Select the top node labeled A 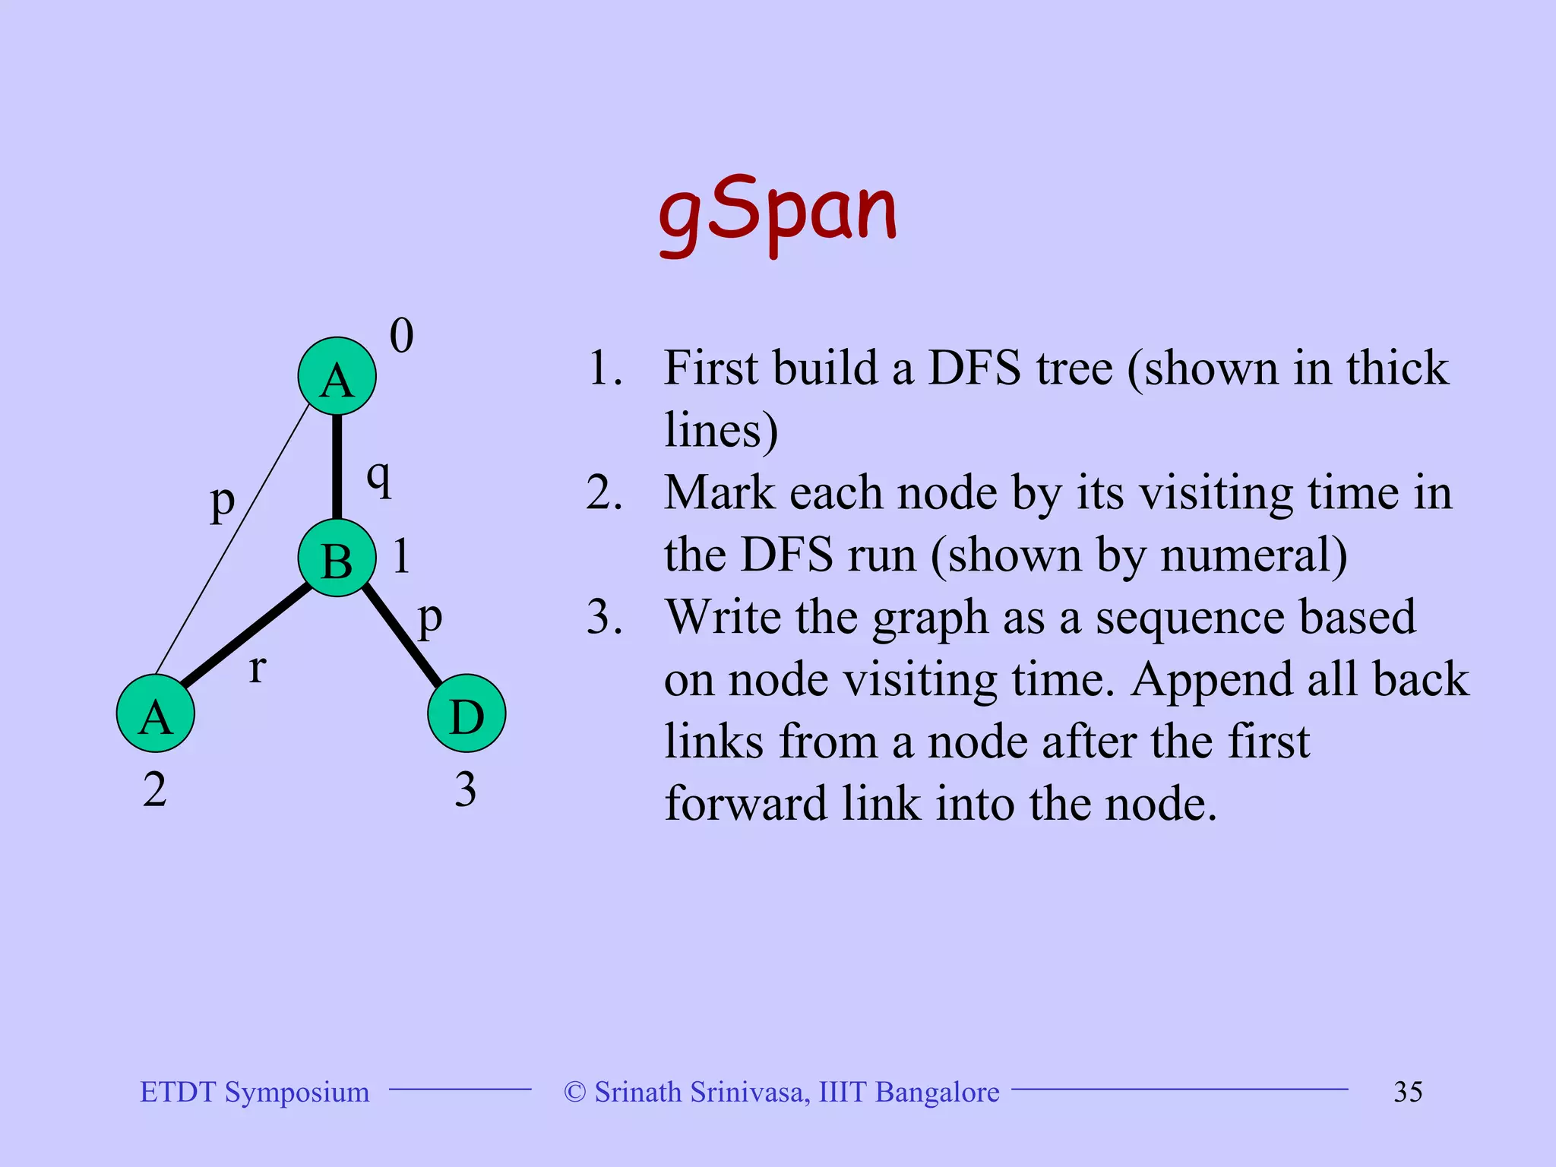coord(337,376)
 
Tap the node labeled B coord(337,558)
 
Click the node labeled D coord(466,713)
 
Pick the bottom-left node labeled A coord(156,713)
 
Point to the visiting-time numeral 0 coord(401,336)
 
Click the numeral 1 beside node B coord(401,556)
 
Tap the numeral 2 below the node coord(155,790)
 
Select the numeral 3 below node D coord(465,790)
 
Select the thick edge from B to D coord(401,634)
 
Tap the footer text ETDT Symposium coord(255,1092)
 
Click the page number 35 coord(1408,1092)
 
